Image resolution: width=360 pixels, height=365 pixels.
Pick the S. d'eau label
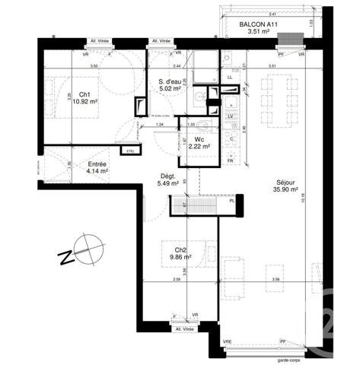pos(167,84)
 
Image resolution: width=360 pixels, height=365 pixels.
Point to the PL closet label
pos(231,201)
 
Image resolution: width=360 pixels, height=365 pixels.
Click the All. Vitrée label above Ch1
pos(99,42)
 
